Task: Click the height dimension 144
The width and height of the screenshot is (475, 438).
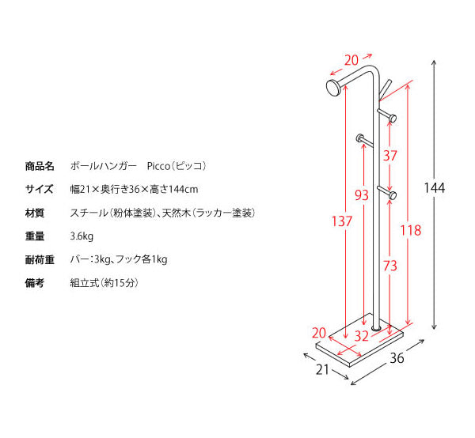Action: (x=435, y=188)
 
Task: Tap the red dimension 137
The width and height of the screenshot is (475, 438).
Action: (x=342, y=221)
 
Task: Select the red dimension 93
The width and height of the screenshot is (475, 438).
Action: (x=362, y=195)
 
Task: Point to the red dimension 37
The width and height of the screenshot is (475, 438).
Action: (x=389, y=156)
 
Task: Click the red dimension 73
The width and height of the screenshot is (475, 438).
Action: (x=389, y=266)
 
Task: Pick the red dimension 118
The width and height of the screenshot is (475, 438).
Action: (x=411, y=231)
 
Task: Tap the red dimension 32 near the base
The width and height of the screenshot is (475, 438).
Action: (x=362, y=336)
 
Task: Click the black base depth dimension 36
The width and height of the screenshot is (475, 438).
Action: (x=397, y=358)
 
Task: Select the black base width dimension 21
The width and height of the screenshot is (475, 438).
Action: (x=322, y=369)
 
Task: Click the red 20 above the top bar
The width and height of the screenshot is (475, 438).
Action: (x=351, y=60)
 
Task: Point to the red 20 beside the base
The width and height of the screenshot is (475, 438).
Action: (x=319, y=333)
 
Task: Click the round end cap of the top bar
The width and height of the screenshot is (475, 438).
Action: (x=333, y=88)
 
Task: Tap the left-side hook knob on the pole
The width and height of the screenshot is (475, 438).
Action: (x=360, y=138)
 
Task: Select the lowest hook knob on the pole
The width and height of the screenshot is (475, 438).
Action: (x=393, y=195)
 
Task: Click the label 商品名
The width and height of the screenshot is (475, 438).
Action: (x=40, y=166)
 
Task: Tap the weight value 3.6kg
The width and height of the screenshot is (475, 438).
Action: (x=82, y=236)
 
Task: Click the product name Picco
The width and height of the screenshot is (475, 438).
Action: (x=158, y=166)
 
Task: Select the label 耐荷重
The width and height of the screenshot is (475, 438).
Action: (x=40, y=260)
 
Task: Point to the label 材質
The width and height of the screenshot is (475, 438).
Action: (x=35, y=213)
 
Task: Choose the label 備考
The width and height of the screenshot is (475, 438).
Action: (x=35, y=283)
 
